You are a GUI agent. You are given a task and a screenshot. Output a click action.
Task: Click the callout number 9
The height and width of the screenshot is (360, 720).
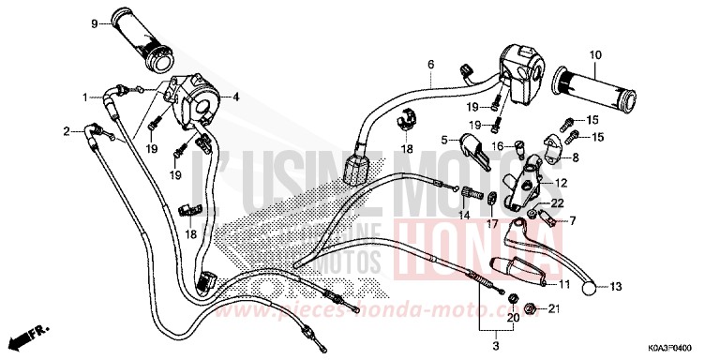click(x=95, y=22)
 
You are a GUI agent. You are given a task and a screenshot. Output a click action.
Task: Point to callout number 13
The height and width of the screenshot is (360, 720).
click(x=616, y=287)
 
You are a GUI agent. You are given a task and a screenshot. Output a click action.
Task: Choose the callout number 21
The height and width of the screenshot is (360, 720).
click(x=554, y=309)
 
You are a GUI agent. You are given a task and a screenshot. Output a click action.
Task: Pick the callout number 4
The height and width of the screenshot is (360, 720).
click(x=235, y=95)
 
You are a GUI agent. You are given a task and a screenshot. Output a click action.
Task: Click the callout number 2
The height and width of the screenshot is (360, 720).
click(x=67, y=131)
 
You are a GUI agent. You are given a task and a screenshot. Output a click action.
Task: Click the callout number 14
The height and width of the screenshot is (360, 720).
click(x=464, y=215)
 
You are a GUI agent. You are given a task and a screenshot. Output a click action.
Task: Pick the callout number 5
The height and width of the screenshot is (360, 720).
click(x=446, y=139)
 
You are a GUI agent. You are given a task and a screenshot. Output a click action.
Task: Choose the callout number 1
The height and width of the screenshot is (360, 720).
click(x=85, y=97)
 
